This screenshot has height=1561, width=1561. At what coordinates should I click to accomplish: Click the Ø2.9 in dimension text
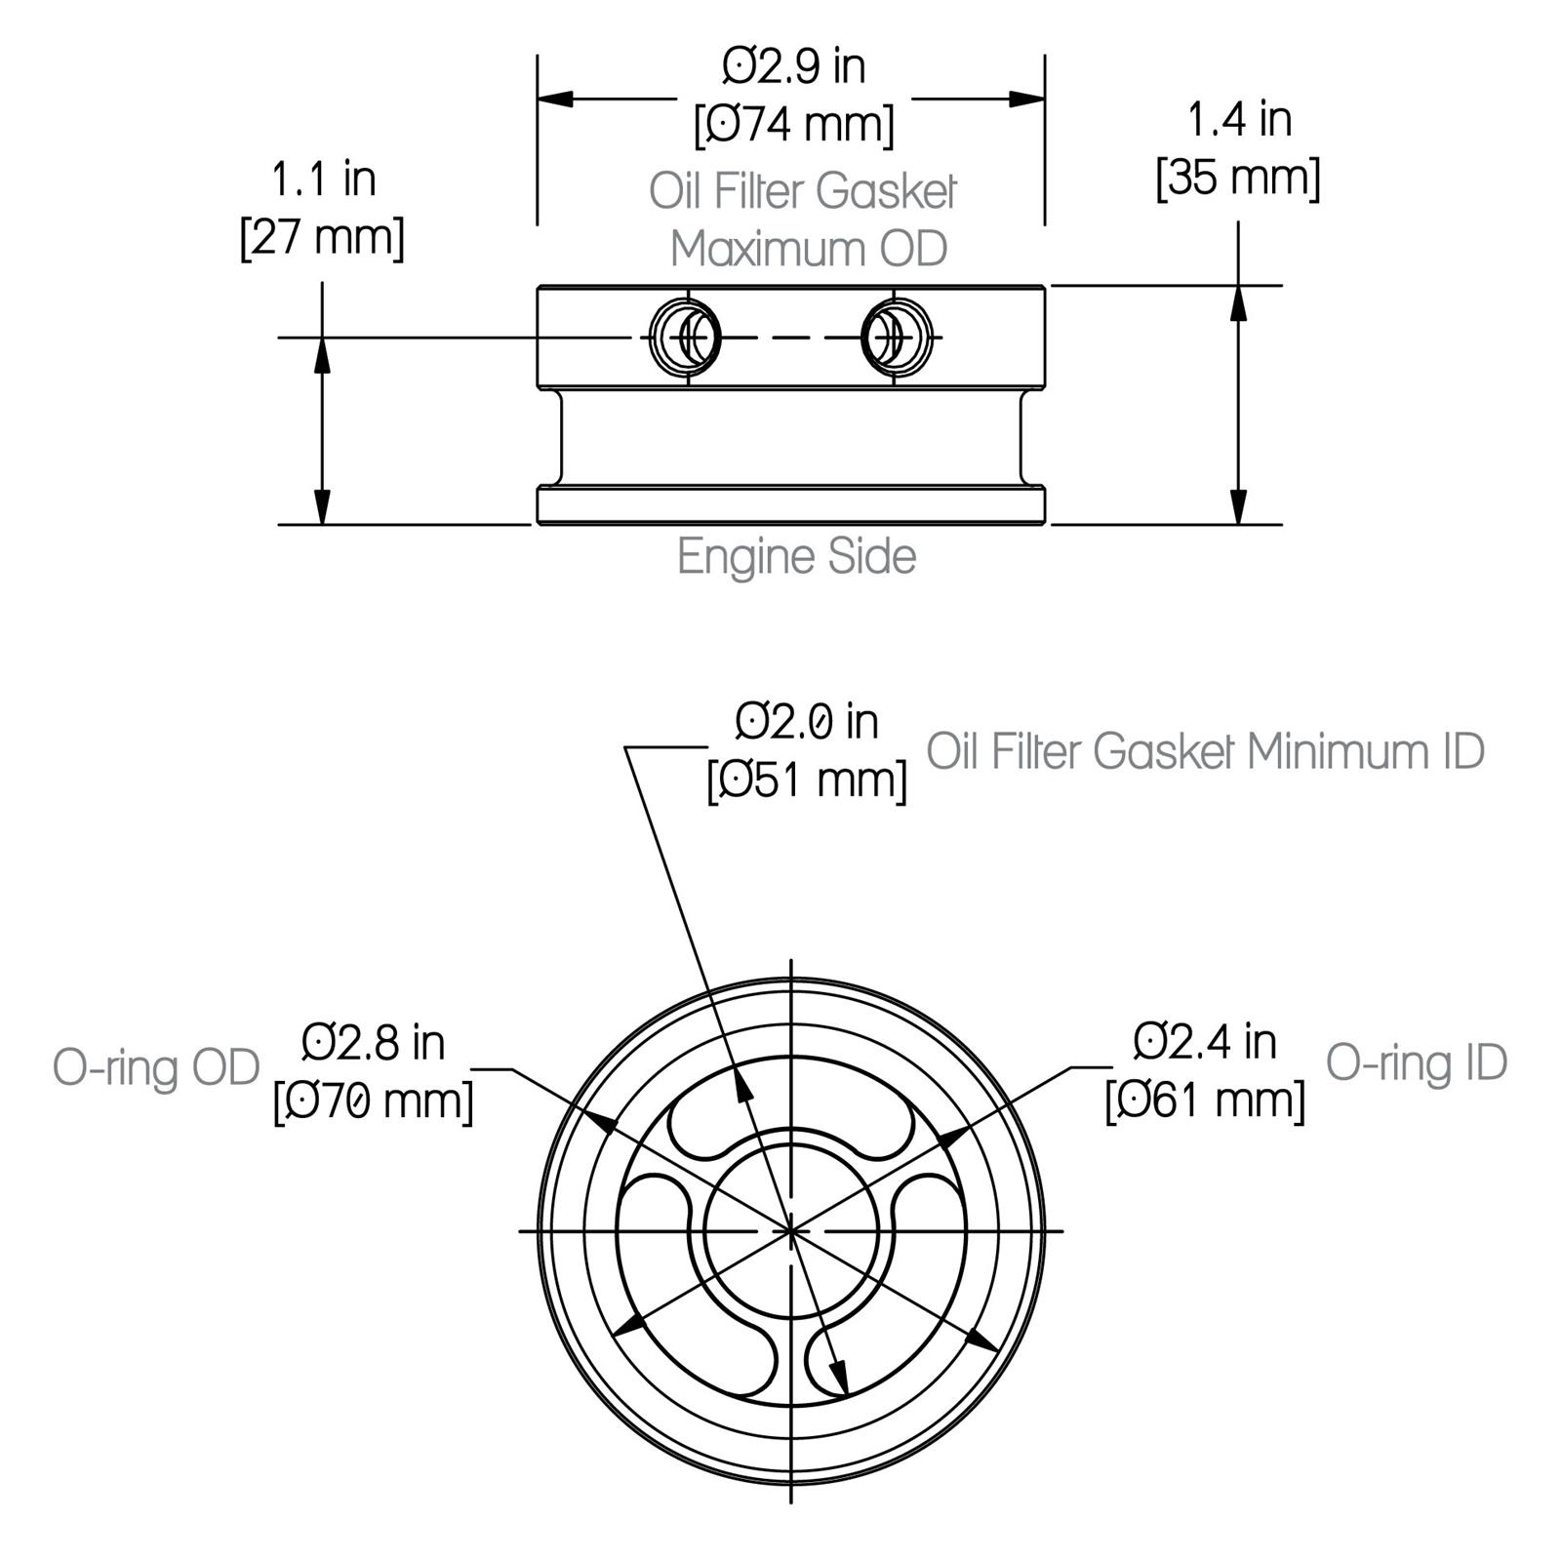coord(793,67)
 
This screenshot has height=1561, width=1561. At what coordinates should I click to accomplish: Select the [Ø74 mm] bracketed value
coord(793,125)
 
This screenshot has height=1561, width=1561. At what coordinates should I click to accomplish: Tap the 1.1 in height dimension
coord(322,180)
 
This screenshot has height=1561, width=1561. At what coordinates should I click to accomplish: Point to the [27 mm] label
coord(322,237)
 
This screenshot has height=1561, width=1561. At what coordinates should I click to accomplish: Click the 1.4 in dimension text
coord(1238,120)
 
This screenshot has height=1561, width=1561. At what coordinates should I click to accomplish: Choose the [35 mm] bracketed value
coord(1238,179)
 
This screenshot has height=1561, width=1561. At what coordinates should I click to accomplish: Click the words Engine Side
coord(796,557)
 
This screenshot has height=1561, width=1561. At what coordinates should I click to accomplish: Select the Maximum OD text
coord(808,249)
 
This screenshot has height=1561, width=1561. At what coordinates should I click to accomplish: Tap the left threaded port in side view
coord(686,337)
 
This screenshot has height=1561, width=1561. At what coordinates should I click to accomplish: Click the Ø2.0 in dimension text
coord(806,722)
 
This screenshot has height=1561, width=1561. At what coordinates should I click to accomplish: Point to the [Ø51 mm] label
coord(806,780)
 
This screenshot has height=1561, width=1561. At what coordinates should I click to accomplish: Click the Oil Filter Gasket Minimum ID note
coord(1205,752)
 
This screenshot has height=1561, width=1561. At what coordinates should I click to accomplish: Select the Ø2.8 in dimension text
coord(373,1043)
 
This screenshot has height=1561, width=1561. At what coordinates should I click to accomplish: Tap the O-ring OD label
coord(156,1067)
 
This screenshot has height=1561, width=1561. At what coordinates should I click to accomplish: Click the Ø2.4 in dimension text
coord(1205,1042)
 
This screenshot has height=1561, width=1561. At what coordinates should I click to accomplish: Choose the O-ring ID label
coord(1416,1062)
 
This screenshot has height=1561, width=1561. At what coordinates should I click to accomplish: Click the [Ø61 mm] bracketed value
coord(1205,1101)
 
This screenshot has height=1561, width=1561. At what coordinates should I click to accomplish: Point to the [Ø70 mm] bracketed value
coord(373,1101)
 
